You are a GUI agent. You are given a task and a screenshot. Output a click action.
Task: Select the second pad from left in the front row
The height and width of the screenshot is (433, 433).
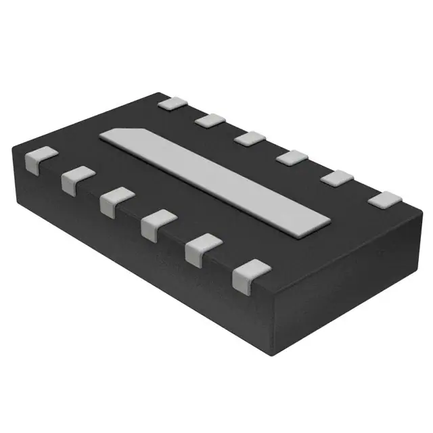(x=76, y=180)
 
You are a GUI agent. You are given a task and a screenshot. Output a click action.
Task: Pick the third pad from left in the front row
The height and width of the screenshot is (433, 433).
(x=115, y=202)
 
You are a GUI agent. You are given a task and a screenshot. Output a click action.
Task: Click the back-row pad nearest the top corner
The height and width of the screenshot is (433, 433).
(x=174, y=104)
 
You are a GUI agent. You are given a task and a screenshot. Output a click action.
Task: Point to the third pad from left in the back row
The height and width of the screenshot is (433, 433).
(x=249, y=138)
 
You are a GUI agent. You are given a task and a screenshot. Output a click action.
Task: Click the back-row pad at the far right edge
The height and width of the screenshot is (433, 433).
(x=384, y=200)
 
